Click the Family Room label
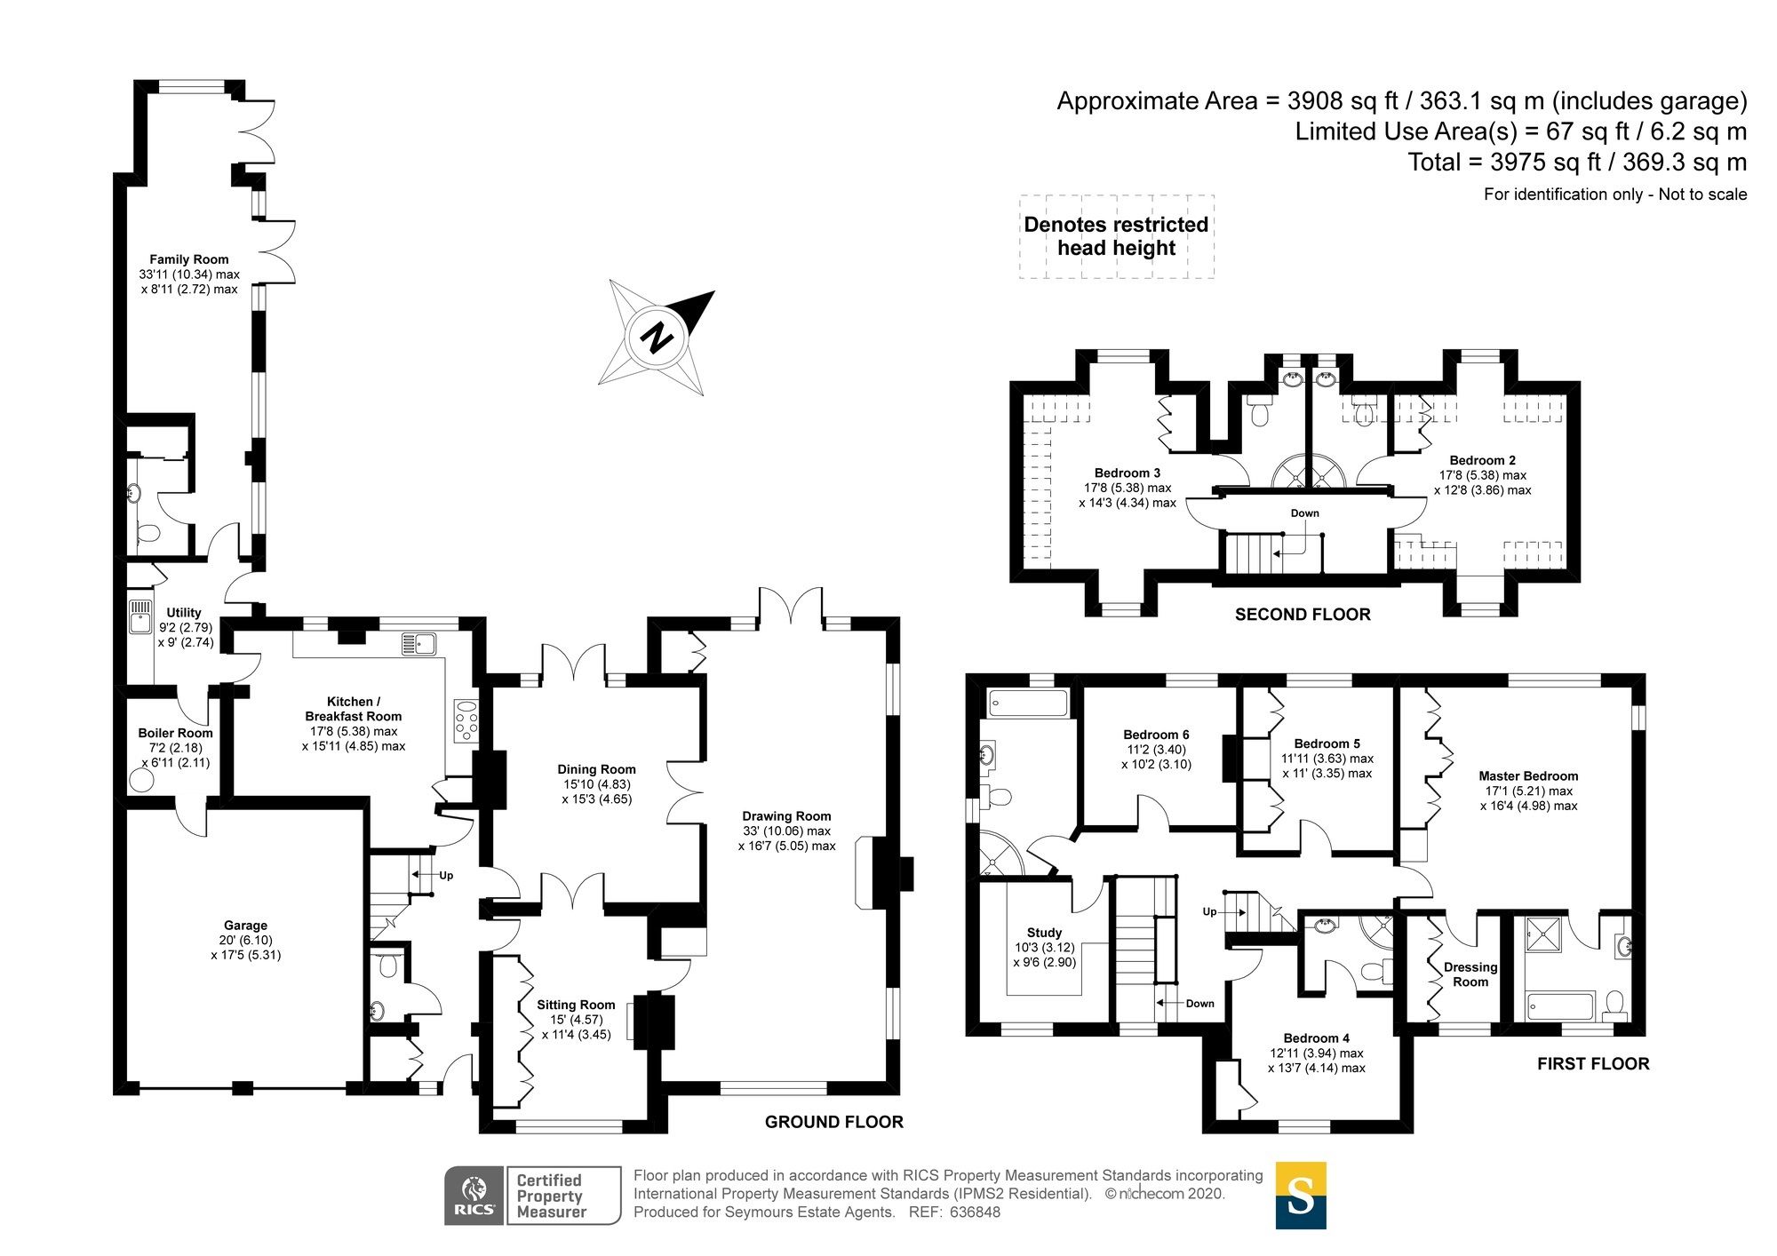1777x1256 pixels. click(x=188, y=259)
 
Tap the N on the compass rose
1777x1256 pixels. click(x=657, y=338)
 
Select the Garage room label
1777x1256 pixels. click(x=245, y=926)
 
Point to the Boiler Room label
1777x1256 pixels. click(x=175, y=733)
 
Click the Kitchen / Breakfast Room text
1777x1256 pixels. click(x=353, y=709)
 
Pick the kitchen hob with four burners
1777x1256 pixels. click(x=466, y=720)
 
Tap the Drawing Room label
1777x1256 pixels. click(x=786, y=815)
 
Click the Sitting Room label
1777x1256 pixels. click(x=576, y=1005)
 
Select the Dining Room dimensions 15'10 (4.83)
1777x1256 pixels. click(x=596, y=784)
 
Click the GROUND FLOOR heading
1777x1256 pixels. click(x=833, y=1122)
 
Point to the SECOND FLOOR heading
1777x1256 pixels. click(x=1302, y=614)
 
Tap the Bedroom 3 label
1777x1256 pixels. click(x=1127, y=473)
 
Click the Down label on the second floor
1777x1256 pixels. click(x=1304, y=513)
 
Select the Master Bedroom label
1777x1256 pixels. click(x=1527, y=775)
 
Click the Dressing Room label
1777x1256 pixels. click(x=1470, y=974)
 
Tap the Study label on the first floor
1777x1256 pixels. click(x=1044, y=933)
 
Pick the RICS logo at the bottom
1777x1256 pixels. click(x=474, y=1196)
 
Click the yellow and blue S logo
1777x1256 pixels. click(x=1300, y=1196)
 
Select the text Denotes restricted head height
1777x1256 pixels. click(x=1116, y=236)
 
